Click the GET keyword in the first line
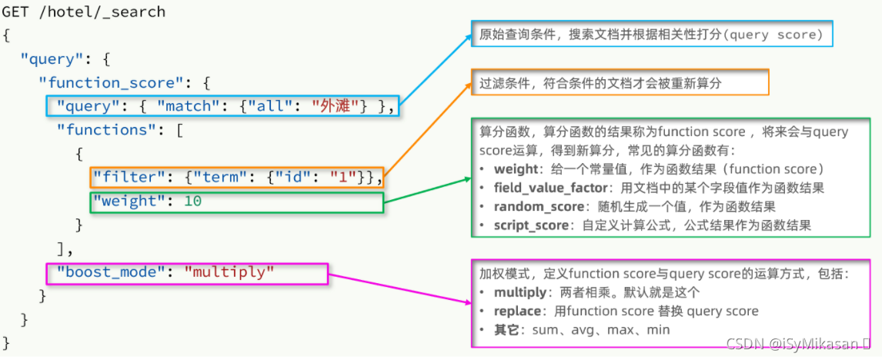[16, 12]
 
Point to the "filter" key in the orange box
[121, 178]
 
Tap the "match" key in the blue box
[182, 106]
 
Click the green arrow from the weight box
[427, 192]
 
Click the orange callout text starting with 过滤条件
[600, 82]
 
